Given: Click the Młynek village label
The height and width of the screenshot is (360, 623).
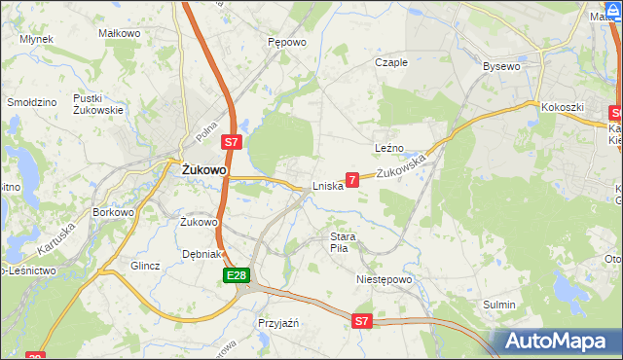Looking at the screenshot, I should tap(36, 39).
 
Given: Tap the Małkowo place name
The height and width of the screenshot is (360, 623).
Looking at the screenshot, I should tap(121, 33).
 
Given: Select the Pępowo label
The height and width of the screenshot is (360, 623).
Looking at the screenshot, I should tap(287, 43).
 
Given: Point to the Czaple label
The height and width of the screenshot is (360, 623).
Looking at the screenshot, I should tap(391, 62).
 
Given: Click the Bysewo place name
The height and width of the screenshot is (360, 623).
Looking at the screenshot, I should tap(502, 66).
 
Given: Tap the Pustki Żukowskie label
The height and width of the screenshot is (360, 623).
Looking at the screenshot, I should tap(98, 104).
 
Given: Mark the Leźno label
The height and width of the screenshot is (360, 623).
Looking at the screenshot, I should tap(389, 148).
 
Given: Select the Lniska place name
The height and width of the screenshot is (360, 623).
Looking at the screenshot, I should tap(327, 186).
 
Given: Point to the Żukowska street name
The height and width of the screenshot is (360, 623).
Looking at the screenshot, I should tap(402, 167).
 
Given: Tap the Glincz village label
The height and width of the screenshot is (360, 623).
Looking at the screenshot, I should tap(144, 265).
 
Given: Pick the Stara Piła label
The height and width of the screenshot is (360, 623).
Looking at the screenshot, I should tap(345, 242).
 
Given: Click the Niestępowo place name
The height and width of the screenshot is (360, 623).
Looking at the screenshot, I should tap(384, 278).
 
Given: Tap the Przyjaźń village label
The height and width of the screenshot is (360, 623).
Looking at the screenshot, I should tap(277, 322).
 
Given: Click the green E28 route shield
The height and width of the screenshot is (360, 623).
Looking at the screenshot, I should tap(236, 277).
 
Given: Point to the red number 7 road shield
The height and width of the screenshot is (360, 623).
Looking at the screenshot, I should tap(352, 179).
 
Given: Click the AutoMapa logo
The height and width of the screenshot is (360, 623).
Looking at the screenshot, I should tap(558, 342).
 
